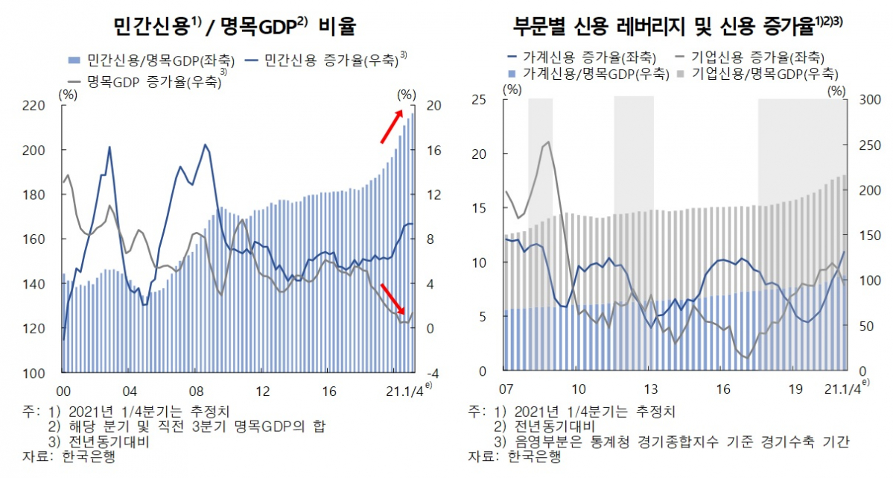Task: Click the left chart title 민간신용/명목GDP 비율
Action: (x=235, y=28)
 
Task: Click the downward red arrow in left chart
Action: (x=392, y=300)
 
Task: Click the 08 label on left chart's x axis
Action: (x=196, y=391)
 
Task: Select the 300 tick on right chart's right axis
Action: (x=868, y=100)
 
